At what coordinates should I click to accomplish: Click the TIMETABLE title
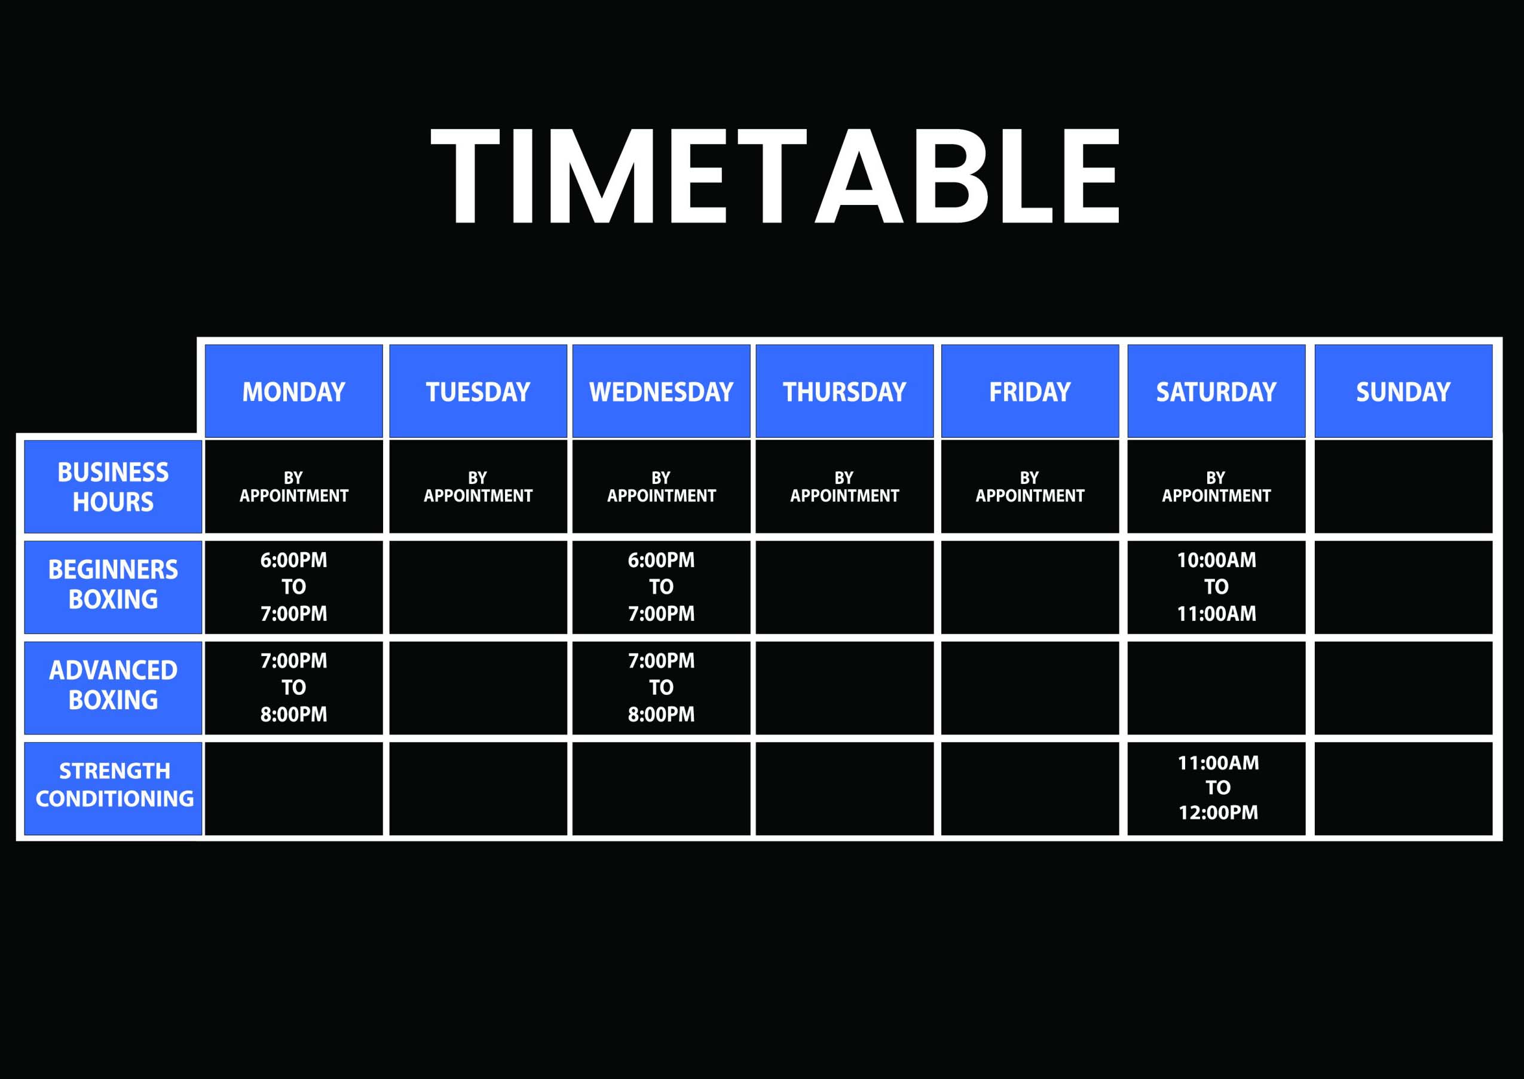[x=775, y=176]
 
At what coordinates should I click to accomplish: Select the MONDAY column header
[x=294, y=391]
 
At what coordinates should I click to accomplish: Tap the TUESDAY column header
[x=478, y=391]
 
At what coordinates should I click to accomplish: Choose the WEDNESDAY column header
[x=662, y=391]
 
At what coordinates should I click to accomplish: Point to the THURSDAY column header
[x=844, y=391]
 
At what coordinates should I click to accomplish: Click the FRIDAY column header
[x=1030, y=391]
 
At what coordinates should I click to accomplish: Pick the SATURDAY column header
[x=1216, y=391]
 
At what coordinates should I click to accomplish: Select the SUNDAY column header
[x=1403, y=391]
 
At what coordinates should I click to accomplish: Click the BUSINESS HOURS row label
[x=113, y=487]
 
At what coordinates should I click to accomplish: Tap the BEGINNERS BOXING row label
[x=113, y=587]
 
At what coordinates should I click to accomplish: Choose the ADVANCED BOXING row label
[x=113, y=688]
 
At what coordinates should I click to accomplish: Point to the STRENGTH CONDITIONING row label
[x=113, y=788]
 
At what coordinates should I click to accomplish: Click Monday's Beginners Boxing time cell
[x=294, y=587]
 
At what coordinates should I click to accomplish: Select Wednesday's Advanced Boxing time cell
[x=662, y=688]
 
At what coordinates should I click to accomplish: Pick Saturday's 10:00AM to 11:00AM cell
[x=1216, y=587]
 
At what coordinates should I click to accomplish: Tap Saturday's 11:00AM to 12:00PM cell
[x=1216, y=788]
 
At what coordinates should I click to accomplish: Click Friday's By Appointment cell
[x=1030, y=487]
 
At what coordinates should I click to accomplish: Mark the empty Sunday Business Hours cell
[x=1403, y=487]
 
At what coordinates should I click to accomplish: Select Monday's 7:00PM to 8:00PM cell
[x=294, y=688]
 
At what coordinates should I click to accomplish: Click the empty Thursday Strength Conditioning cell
[x=844, y=788]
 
